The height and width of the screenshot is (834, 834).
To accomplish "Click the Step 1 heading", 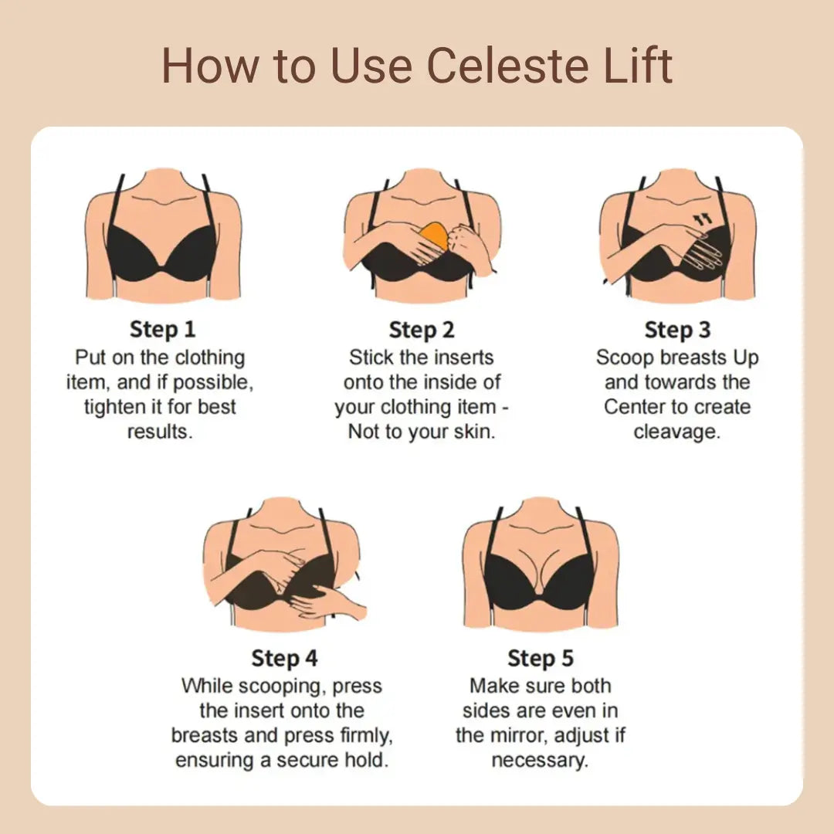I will (x=163, y=330).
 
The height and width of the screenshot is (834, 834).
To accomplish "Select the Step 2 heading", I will (x=422, y=331).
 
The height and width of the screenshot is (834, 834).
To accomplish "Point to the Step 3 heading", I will (x=677, y=330).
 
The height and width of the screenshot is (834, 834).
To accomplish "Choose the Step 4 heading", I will (x=284, y=659).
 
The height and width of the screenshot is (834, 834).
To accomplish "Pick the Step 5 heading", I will (x=541, y=659).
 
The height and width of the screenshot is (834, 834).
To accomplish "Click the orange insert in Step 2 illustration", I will (x=436, y=235).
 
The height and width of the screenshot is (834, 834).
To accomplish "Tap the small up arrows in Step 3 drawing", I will (x=702, y=220).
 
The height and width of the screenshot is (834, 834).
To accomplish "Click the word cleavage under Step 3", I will (x=676, y=432).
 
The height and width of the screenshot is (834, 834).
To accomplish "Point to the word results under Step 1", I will (x=160, y=432).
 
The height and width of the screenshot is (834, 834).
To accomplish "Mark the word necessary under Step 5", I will (x=540, y=760).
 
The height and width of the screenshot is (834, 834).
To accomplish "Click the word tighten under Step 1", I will (x=114, y=407).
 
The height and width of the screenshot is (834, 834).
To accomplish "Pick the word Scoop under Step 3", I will (x=622, y=358).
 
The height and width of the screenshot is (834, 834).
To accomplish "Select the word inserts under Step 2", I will (x=461, y=358).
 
